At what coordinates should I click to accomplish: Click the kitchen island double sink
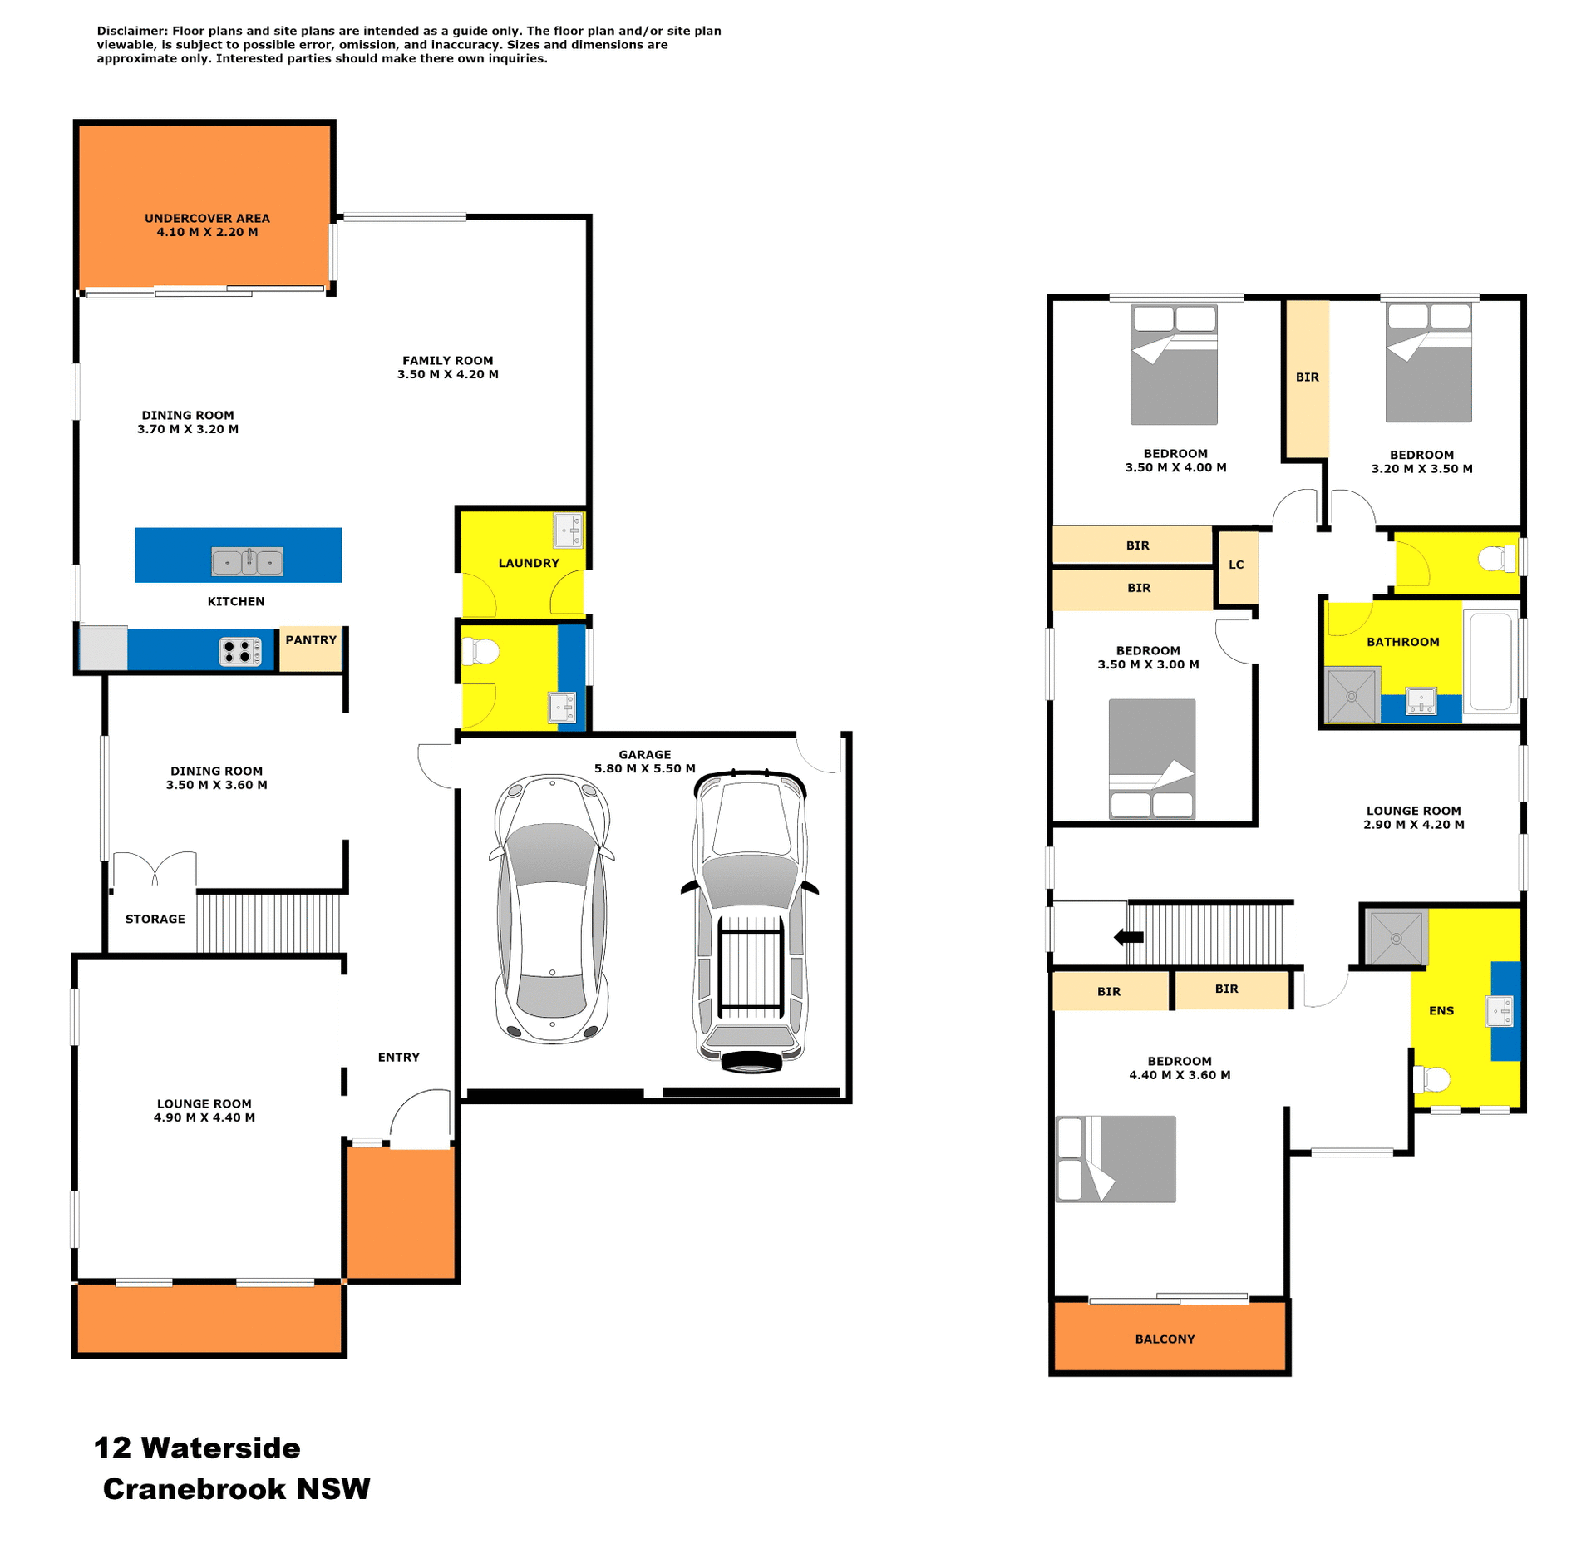pyautogui.click(x=247, y=561)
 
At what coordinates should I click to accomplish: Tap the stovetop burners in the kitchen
pyautogui.click(x=239, y=651)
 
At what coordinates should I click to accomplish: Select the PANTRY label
pyautogui.click(x=311, y=639)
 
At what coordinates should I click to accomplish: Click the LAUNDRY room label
pyautogui.click(x=529, y=563)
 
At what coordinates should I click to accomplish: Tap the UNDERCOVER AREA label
pyautogui.click(x=207, y=218)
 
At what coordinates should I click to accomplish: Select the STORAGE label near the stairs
pyautogui.click(x=155, y=919)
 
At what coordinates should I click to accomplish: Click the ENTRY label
pyautogui.click(x=398, y=1057)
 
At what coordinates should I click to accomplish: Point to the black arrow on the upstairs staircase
pyautogui.click(x=1129, y=937)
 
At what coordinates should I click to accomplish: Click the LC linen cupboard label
pyautogui.click(x=1236, y=565)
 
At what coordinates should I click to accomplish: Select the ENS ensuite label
pyautogui.click(x=1441, y=1010)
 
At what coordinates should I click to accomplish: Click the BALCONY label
pyautogui.click(x=1165, y=1339)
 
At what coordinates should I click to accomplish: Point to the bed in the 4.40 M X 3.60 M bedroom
pyautogui.click(x=1116, y=1158)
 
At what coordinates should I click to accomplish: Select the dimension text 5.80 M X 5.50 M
pyautogui.click(x=644, y=768)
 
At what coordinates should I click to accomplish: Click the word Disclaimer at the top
pyautogui.click(x=132, y=31)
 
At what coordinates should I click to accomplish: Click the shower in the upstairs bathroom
pyautogui.click(x=1352, y=695)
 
